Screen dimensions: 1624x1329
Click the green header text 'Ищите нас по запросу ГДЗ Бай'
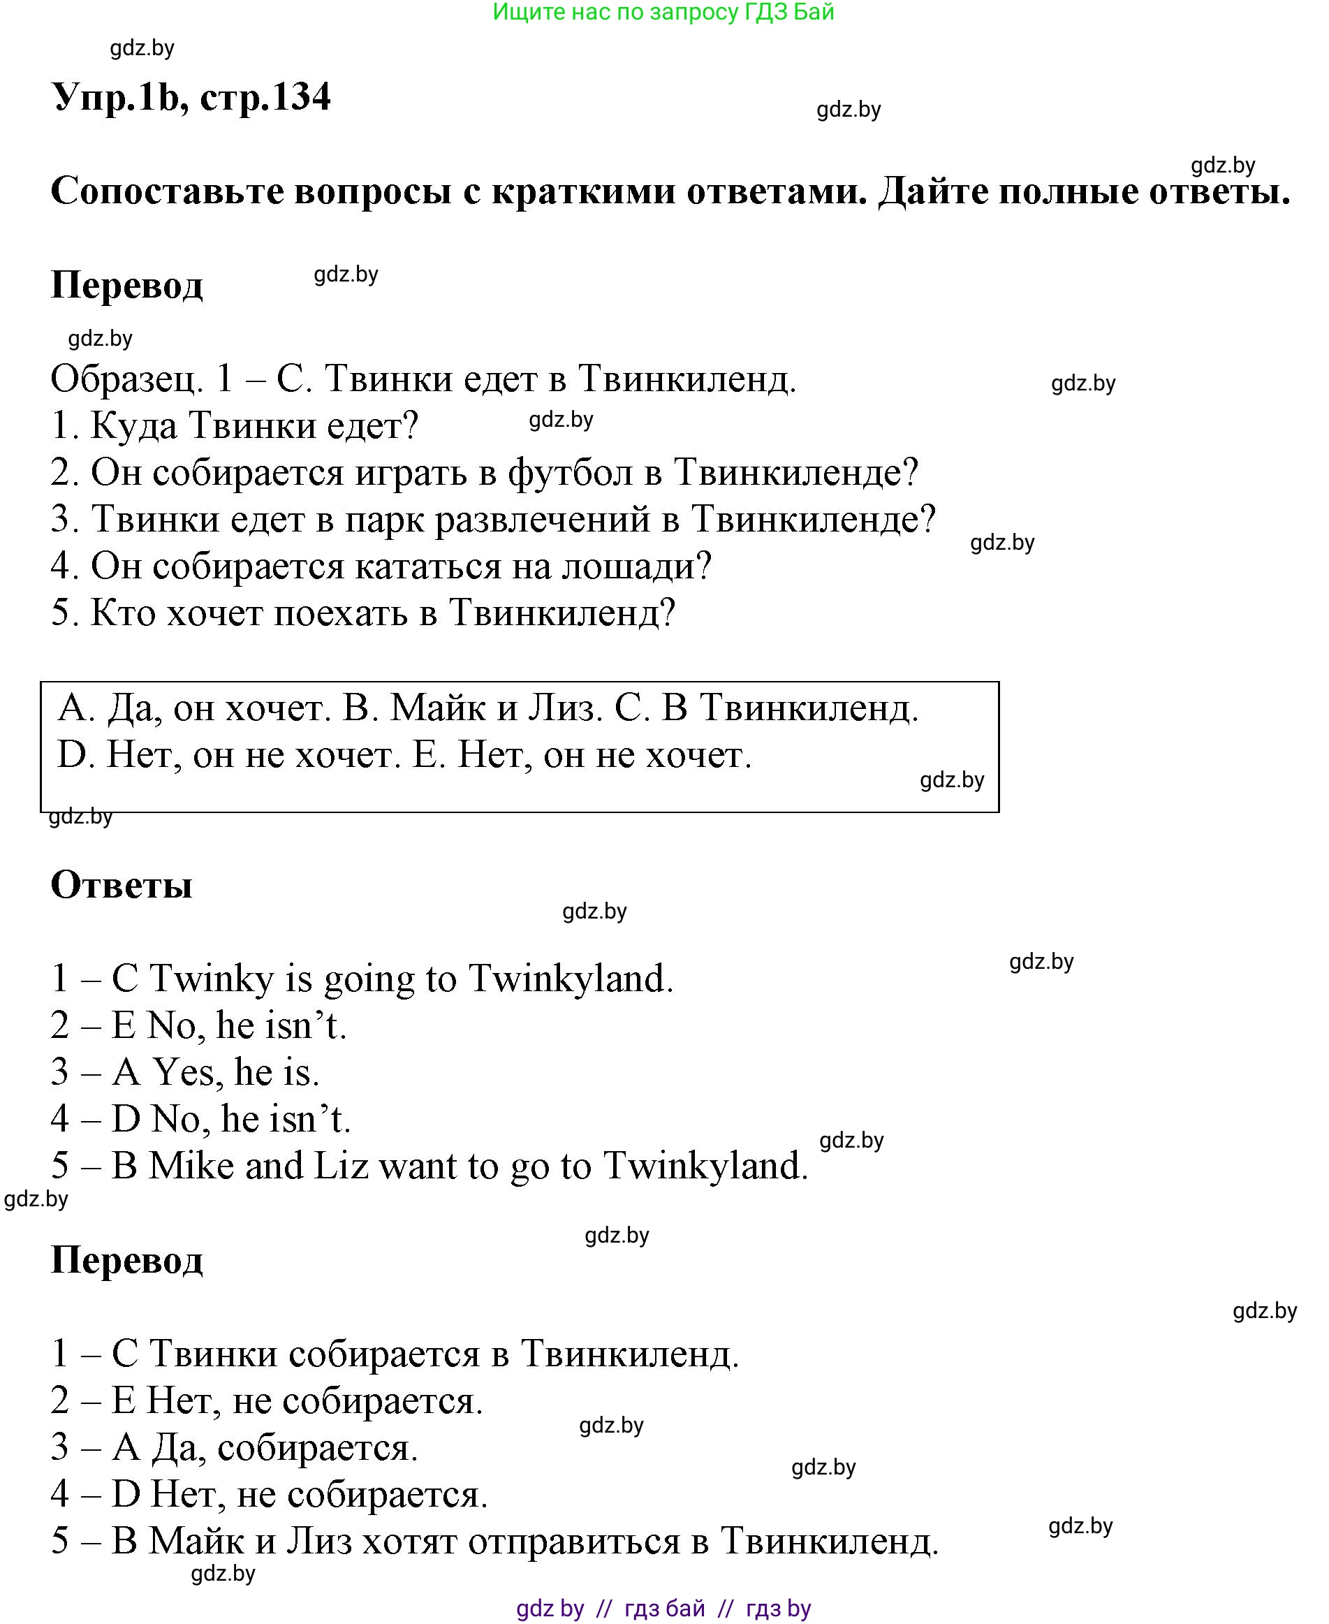[x=663, y=13]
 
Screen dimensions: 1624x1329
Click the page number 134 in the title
[x=301, y=98]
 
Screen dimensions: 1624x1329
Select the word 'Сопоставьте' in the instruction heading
[x=166, y=191]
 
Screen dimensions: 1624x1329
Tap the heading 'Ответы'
[x=121, y=885]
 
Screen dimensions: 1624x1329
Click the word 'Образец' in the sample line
[x=126, y=379]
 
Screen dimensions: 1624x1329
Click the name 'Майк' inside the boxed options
[x=438, y=708]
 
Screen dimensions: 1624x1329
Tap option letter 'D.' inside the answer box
[x=75, y=756]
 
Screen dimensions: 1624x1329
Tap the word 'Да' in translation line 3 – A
[x=177, y=1448]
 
